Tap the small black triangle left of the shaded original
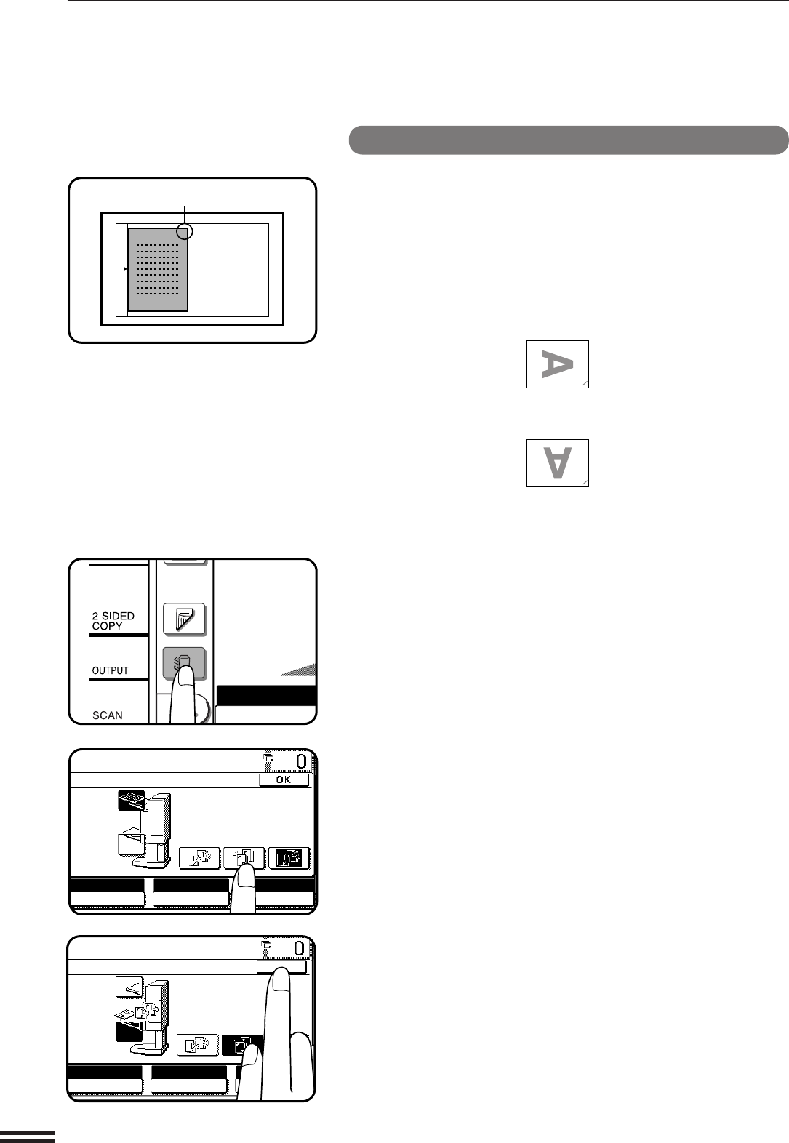[x=125, y=269]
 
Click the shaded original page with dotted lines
[x=158, y=270]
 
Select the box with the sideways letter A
[x=557, y=364]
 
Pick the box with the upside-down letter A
[x=557, y=463]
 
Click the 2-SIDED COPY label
[x=113, y=621]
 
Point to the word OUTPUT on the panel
[x=110, y=670]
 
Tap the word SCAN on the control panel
[x=107, y=715]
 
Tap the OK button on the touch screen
[x=284, y=779]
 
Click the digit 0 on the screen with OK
[x=302, y=762]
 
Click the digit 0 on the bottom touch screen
[x=300, y=949]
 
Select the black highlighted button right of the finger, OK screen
[x=289, y=858]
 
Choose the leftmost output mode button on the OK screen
[x=199, y=858]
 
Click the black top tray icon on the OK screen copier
[x=131, y=800]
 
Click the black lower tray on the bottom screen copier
[x=129, y=1031]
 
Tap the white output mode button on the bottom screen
[x=197, y=1045]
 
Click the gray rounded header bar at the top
[x=569, y=140]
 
